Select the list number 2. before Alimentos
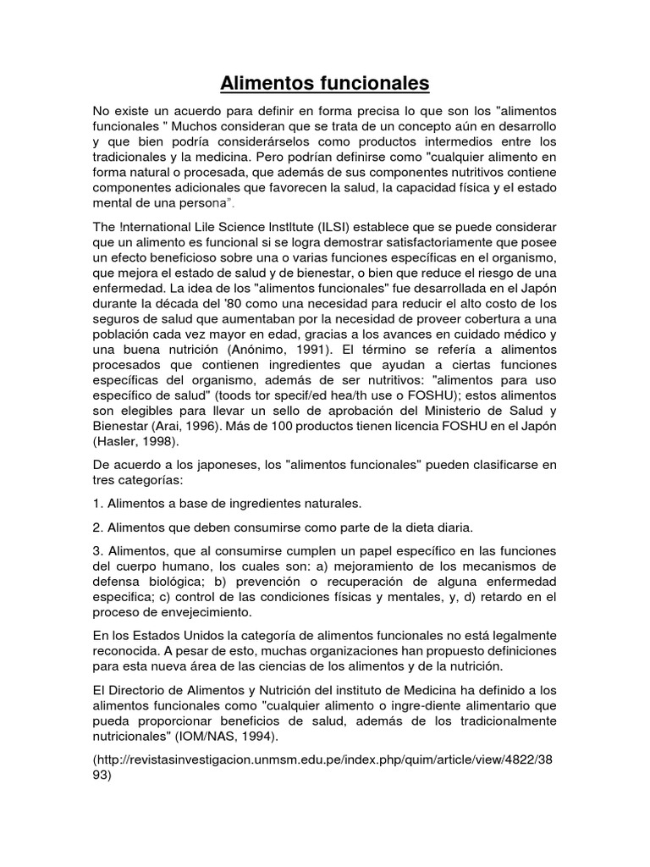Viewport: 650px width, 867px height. [x=97, y=526]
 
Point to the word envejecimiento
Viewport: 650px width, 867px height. [x=208, y=612]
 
